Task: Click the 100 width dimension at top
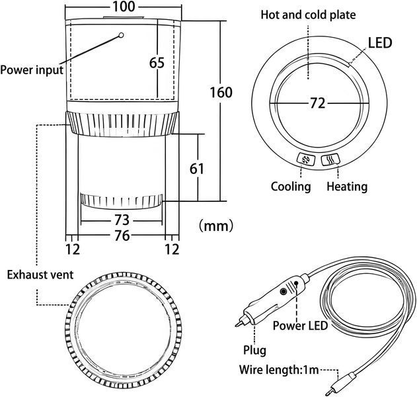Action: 124,7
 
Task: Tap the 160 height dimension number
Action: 221,93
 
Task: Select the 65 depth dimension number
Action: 157,63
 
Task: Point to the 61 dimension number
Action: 197,169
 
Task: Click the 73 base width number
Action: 122,220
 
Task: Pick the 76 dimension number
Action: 122,236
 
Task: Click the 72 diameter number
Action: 317,103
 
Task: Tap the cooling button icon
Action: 306,159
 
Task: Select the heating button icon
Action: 330,159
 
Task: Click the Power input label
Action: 32,70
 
